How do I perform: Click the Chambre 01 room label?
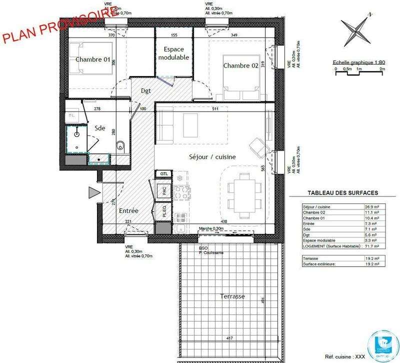pos(93,59)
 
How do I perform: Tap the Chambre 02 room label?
pos(240,65)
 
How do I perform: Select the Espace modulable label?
pos(173,53)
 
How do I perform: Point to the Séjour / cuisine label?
pos(212,156)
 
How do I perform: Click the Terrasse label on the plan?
pos(232,296)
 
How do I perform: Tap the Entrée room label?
pos(128,210)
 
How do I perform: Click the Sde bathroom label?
pos(100,128)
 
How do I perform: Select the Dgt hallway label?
pos(145,91)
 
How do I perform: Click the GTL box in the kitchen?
pos(164,173)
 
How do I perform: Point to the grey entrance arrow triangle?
pos(93,192)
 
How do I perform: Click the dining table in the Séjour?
pos(244,189)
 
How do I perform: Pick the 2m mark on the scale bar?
pos(382,69)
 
